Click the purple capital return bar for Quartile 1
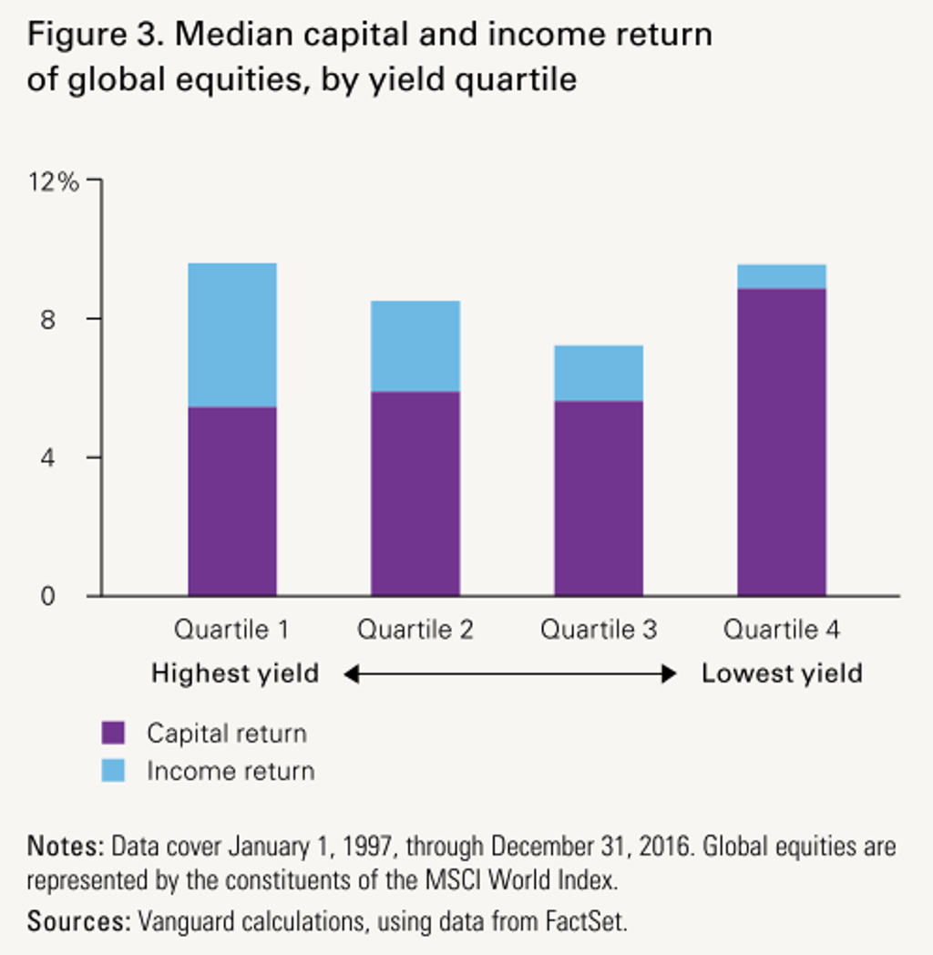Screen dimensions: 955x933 click(232, 501)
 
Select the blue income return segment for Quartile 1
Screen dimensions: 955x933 click(232, 334)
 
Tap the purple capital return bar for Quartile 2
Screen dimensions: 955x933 click(415, 494)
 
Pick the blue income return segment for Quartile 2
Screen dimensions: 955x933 click(415, 346)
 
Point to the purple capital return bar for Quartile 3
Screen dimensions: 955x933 click(599, 498)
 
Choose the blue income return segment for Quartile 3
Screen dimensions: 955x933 click(599, 373)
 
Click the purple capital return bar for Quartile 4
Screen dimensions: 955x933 click(782, 442)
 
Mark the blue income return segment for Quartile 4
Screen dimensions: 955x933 click(782, 276)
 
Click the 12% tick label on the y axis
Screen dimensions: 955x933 click(53, 181)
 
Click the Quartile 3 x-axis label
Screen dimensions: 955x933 click(599, 630)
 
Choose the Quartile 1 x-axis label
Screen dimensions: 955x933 click(232, 630)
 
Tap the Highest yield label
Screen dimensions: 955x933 click(235, 674)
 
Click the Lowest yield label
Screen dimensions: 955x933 click(782, 674)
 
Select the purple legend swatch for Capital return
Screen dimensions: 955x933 click(113, 733)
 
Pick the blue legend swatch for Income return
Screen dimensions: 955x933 click(113, 771)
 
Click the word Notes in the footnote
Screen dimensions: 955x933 click(66, 847)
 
